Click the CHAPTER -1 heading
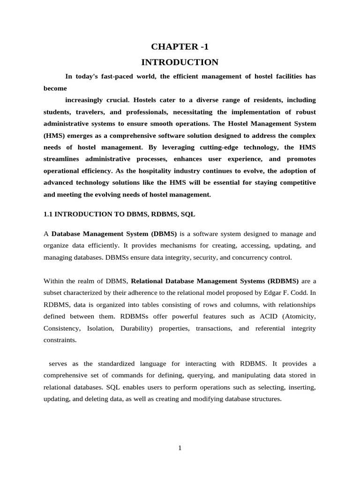(180, 46)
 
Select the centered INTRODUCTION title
(180, 62)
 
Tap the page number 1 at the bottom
(180, 448)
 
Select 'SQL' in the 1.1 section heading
(187, 214)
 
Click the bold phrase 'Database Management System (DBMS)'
(114, 233)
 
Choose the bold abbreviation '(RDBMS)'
(283, 281)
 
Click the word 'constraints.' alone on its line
(60, 340)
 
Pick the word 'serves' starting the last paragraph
(58, 364)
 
